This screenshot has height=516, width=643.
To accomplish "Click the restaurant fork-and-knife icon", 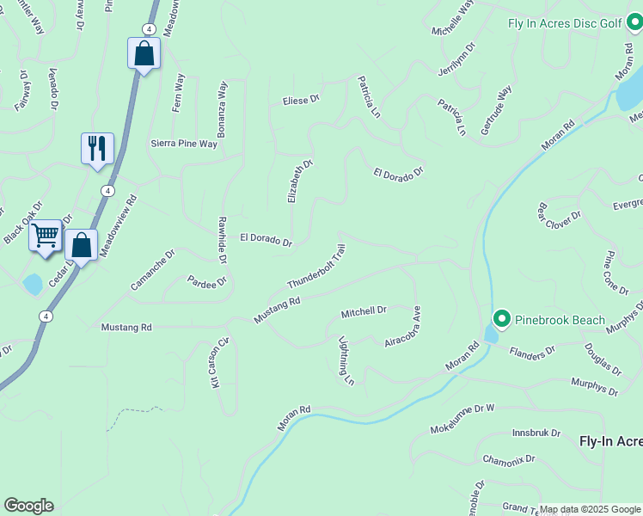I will coord(97,147).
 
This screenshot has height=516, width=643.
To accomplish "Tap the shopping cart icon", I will coord(45,235).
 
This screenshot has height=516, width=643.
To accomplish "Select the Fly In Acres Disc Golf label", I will coord(563,23).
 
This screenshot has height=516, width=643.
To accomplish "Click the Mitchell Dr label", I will coord(364,310).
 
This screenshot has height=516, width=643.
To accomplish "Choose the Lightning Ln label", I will coord(346,359).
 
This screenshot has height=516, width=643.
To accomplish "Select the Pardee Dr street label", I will coord(206,281).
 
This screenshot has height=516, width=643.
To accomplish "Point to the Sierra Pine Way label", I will coord(184,144).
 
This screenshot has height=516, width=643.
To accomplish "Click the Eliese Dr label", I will coord(301,101).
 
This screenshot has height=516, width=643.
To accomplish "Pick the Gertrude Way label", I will coord(496,109).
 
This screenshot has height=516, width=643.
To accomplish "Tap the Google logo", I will coord(28,506).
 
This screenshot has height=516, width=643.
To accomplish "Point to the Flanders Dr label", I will coord(534,352).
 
